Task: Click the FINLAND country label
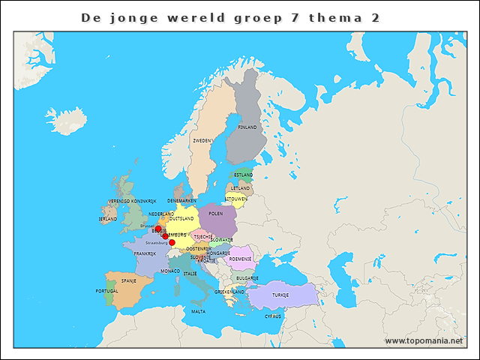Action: click(x=247, y=127)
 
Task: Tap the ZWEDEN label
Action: click(x=202, y=140)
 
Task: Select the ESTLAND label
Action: click(x=243, y=175)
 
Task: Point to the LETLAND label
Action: click(x=241, y=188)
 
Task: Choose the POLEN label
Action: click(x=216, y=214)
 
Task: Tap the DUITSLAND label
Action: click(x=181, y=218)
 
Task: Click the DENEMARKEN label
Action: click(x=182, y=201)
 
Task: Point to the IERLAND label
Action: click(x=108, y=219)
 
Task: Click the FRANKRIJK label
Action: click(x=145, y=253)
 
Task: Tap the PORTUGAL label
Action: click(x=107, y=291)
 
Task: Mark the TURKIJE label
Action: click(x=280, y=295)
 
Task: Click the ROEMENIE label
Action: click(x=240, y=259)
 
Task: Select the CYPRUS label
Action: click(x=273, y=316)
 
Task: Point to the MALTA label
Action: click(x=198, y=311)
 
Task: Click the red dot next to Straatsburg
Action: click(x=172, y=242)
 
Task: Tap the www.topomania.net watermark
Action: click(x=424, y=340)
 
